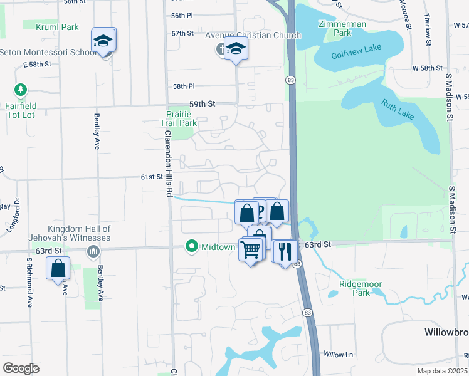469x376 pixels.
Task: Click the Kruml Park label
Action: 57,27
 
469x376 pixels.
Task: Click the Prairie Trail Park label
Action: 182,118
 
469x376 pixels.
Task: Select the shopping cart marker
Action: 251,249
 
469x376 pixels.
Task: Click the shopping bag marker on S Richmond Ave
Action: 58,268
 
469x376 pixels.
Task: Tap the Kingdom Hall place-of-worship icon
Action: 93,251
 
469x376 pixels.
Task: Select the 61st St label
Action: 151,177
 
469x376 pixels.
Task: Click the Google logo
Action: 21,368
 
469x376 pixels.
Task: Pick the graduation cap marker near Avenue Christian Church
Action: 236,47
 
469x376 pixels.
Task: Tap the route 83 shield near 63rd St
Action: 297,264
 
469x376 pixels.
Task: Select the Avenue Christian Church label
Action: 254,35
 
